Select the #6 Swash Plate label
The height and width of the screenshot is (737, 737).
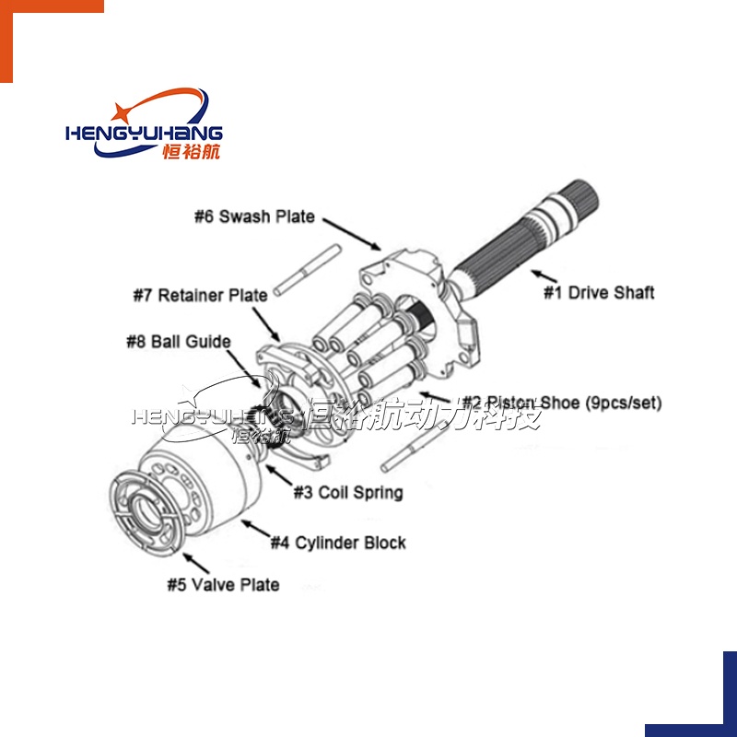click(254, 217)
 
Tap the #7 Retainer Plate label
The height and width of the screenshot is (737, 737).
click(200, 296)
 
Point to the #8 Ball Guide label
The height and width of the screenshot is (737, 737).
click(179, 342)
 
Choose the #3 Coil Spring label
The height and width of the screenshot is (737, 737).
click(348, 492)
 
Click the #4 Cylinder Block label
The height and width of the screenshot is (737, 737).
click(338, 543)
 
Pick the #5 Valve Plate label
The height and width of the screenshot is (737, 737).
click(223, 585)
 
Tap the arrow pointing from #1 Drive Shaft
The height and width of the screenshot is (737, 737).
click(544, 274)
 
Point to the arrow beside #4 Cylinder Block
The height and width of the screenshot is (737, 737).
click(255, 530)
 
